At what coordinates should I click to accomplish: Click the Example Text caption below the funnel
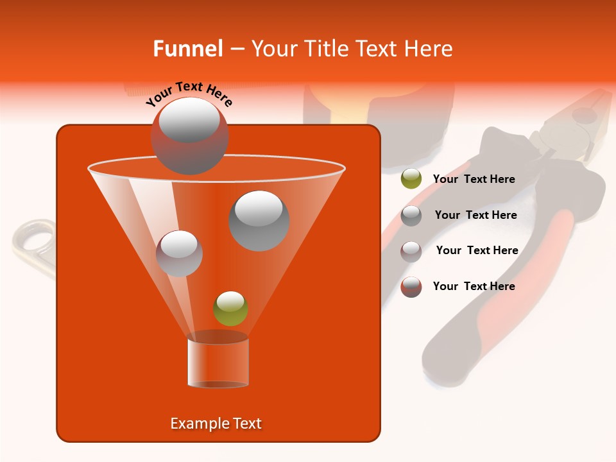216,424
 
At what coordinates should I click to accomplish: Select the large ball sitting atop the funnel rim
189,135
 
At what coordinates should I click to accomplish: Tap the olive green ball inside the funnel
230,308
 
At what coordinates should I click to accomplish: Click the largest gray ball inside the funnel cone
259,220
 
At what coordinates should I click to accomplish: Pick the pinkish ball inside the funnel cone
179,253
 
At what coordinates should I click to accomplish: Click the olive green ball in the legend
411,179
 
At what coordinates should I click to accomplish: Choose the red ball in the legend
411,287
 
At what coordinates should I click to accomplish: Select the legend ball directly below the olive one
411,215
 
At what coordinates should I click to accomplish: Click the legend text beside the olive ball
474,180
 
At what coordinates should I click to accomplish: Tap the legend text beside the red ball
474,286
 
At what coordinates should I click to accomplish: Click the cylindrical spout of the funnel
218,363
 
